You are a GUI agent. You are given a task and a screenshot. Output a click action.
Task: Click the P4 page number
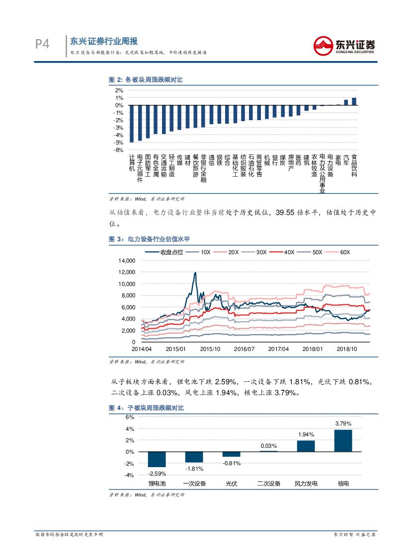pyautogui.click(x=42, y=45)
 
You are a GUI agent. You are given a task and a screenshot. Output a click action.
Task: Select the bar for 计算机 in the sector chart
pyautogui.click(x=132, y=124)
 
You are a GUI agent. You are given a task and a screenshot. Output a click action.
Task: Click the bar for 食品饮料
pyautogui.click(x=354, y=101)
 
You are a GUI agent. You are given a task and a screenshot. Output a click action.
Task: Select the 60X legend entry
pyautogui.click(x=339, y=252)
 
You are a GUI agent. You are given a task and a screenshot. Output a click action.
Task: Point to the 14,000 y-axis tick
pyautogui.click(x=126, y=261)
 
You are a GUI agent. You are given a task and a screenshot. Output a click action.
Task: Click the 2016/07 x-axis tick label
pyautogui.click(x=244, y=349)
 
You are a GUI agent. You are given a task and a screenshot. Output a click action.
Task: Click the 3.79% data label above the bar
pyautogui.click(x=343, y=423)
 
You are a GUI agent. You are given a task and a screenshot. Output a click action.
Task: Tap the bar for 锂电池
pyautogui.click(x=157, y=459)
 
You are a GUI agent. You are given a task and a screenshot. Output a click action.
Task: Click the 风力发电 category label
pyautogui.click(x=306, y=484)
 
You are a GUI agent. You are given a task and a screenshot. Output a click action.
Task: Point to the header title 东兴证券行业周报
pyautogui.click(x=104, y=41)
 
